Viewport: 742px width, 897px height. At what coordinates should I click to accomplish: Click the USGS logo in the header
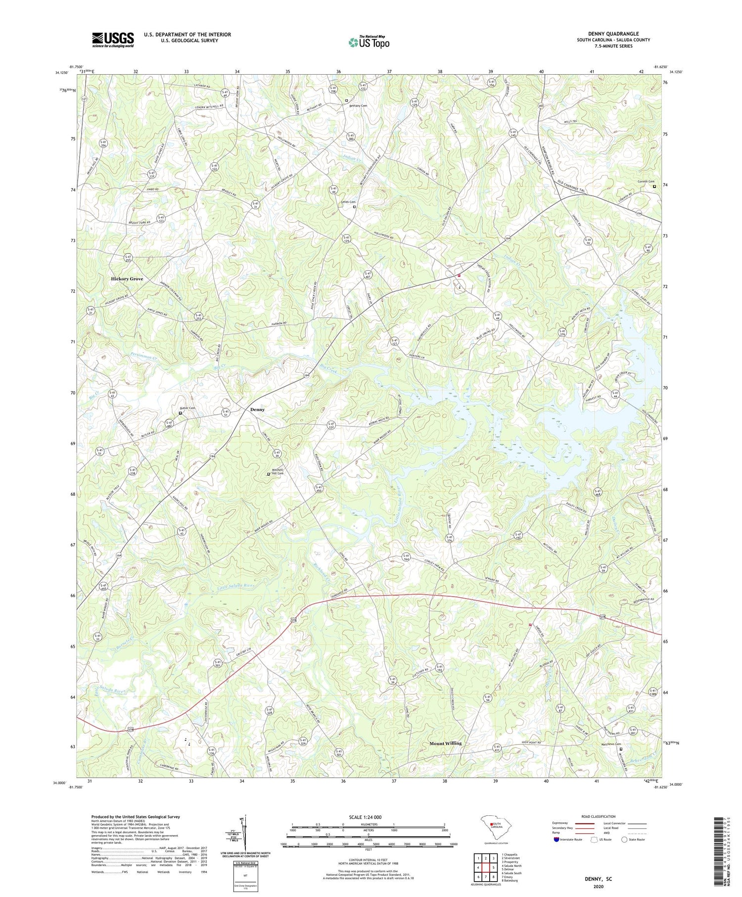(113, 40)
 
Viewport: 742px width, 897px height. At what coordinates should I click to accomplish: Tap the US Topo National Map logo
(369, 42)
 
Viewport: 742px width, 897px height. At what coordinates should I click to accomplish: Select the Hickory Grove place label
(127, 279)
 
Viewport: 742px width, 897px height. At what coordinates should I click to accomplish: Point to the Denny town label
(257, 410)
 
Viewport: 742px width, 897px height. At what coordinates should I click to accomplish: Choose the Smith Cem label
(348, 202)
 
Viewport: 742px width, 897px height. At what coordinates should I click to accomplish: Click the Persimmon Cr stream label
(144, 356)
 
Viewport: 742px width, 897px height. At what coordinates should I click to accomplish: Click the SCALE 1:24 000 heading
(368, 817)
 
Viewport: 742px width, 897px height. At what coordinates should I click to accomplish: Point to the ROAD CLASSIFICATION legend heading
(599, 816)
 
